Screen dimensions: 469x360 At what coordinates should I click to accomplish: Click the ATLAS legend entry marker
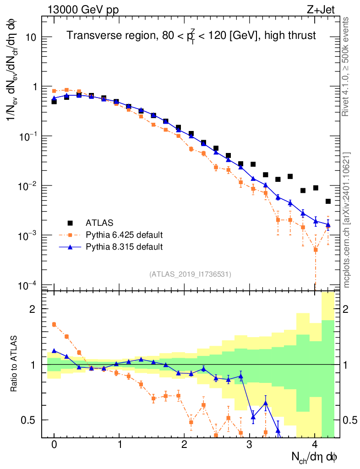coord(70,223)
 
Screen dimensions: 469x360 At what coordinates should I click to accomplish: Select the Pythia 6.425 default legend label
coord(124,235)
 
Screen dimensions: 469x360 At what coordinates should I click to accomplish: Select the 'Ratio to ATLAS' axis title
coord(15,364)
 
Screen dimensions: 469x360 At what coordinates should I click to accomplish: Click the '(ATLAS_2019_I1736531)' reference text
coord(190,274)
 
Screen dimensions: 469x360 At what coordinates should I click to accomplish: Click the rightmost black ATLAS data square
coord(328,202)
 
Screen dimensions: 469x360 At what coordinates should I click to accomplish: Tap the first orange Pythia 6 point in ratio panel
coord(54,324)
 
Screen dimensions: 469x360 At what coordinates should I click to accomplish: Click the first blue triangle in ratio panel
coord(54,350)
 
